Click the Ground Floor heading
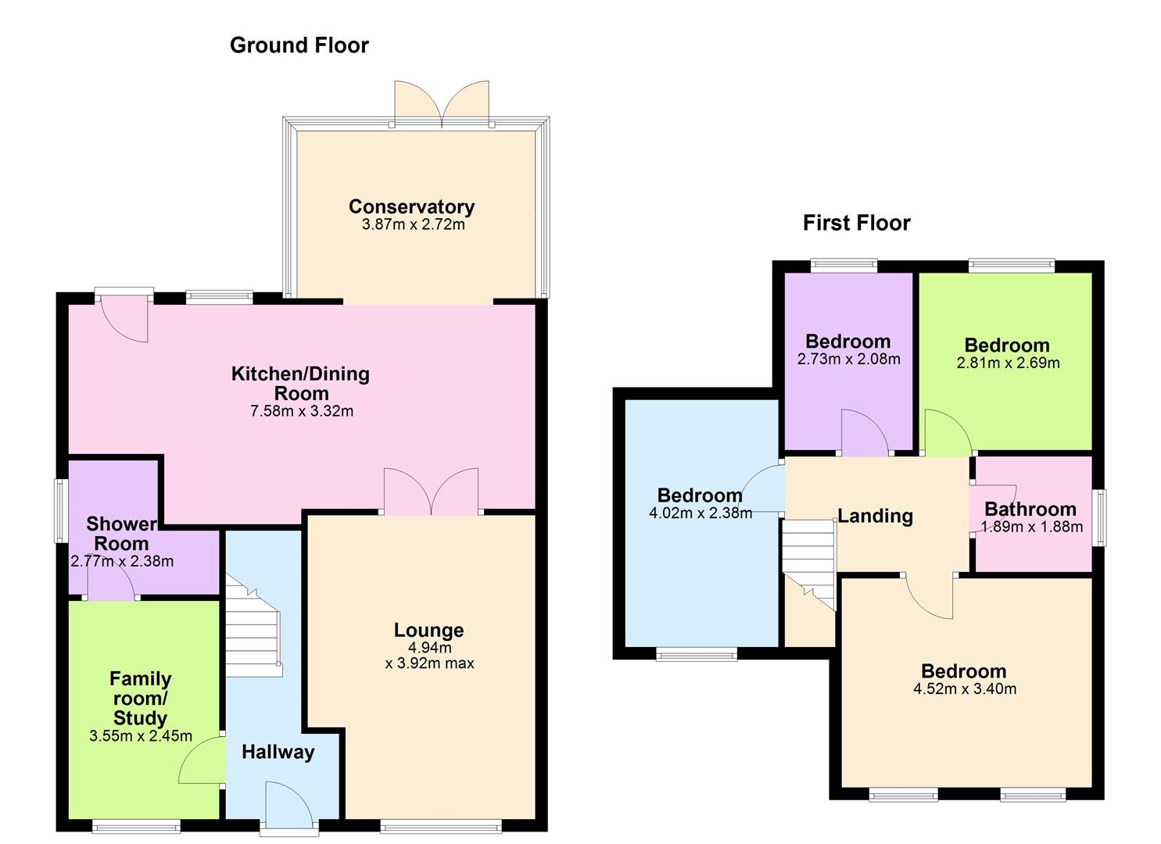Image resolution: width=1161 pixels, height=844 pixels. pyautogui.click(x=299, y=45)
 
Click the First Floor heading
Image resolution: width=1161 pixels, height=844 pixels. pyautogui.click(x=856, y=224)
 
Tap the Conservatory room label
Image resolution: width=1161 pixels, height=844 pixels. pyautogui.click(x=411, y=207)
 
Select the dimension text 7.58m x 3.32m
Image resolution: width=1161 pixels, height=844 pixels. pyautogui.click(x=302, y=411)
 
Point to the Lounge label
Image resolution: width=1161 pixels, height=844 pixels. pyautogui.click(x=428, y=630)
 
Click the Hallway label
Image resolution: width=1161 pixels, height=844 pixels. pyautogui.click(x=278, y=753)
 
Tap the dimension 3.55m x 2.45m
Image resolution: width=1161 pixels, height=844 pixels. pyautogui.click(x=141, y=736)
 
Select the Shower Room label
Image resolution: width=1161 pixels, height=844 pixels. pyautogui.click(x=120, y=534)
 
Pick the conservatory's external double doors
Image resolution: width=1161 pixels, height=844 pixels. pyautogui.click(x=442, y=103)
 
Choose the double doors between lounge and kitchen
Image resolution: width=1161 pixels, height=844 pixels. pyautogui.click(x=431, y=492)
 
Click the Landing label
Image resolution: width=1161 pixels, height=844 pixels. pyautogui.click(x=875, y=517)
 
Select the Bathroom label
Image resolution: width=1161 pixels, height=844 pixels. pyautogui.click(x=1030, y=510)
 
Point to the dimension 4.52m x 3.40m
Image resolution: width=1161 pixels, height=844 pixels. pyautogui.click(x=964, y=689)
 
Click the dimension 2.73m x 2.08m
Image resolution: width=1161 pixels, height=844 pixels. pyautogui.click(x=848, y=359)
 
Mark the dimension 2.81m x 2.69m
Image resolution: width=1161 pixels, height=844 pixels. pyautogui.click(x=1007, y=363)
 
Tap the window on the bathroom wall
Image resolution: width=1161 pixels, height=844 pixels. pyautogui.click(x=1100, y=517)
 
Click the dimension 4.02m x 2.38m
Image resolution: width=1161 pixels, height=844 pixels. pyautogui.click(x=700, y=513)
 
